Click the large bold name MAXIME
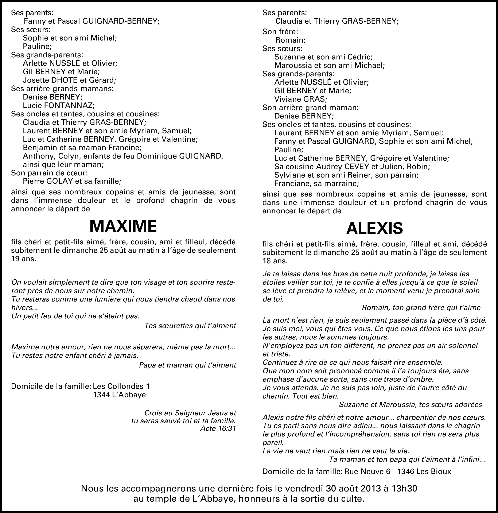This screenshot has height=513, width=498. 123,226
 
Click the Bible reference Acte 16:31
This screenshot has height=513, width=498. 218,428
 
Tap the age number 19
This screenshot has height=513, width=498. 15,259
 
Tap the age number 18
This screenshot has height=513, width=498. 267,261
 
